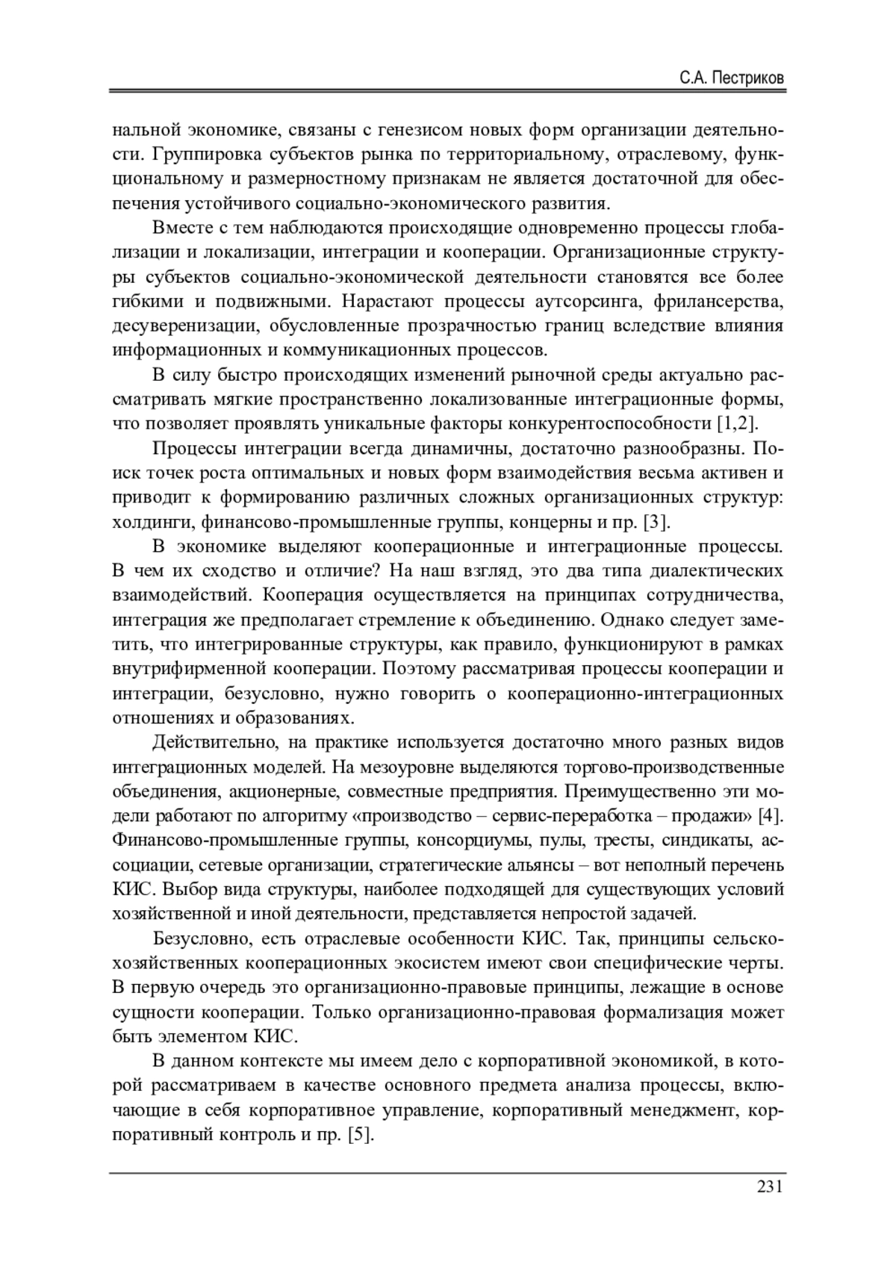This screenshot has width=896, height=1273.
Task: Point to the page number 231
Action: (x=769, y=1186)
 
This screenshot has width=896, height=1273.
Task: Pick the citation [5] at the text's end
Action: (x=360, y=1136)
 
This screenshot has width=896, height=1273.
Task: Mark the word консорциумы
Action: (x=471, y=841)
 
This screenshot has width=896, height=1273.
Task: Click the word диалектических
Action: (x=717, y=571)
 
